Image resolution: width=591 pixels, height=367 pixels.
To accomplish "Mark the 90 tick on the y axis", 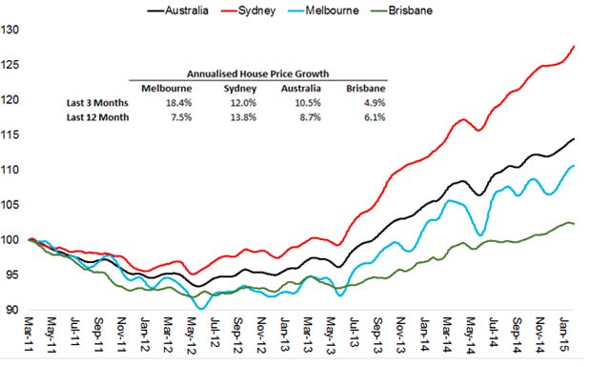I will coord(10,311).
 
